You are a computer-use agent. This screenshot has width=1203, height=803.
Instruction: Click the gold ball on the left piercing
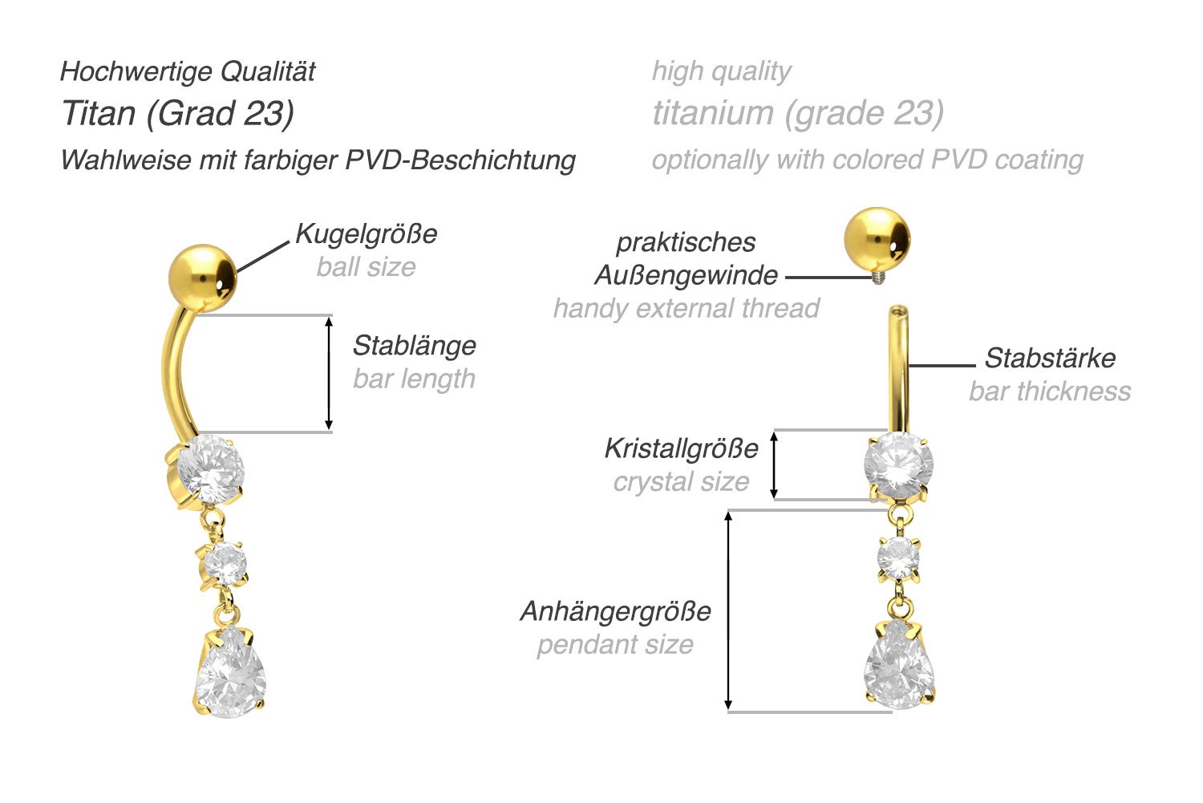click(x=202, y=277)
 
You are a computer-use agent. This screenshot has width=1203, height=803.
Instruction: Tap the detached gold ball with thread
click(x=877, y=240)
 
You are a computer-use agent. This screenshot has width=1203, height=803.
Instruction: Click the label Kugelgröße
click(x=367, y=234)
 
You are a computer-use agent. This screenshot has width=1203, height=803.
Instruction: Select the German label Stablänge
click(x=414, y=346)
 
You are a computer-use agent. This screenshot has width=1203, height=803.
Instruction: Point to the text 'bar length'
click(x=414, y=379)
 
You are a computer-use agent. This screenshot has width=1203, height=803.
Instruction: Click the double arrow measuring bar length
click(x=328, y=373)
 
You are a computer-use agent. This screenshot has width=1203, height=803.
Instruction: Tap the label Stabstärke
click(x=1049, y=358)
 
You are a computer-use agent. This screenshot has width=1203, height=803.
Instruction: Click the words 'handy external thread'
click(x=686, y=308)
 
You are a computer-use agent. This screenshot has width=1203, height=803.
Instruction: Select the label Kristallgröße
click(x=681, y=448)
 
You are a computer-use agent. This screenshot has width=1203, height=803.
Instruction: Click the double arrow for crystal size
click(x=774, y=464)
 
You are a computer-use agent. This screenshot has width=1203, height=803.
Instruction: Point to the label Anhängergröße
click(x=615, y=611)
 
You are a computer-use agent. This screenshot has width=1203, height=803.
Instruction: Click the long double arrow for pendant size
click(x=728, y=610)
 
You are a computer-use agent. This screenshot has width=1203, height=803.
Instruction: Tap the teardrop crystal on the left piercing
click(x=231, y=675)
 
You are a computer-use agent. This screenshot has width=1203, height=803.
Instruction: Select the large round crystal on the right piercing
click(x=898, y=464)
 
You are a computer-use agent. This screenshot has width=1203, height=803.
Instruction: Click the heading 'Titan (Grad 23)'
click(x=177, y=113)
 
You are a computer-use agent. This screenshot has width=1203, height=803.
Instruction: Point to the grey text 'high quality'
click(x=721, y=71)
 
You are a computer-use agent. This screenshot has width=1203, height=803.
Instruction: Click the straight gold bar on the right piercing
click(x=898, y=369)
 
